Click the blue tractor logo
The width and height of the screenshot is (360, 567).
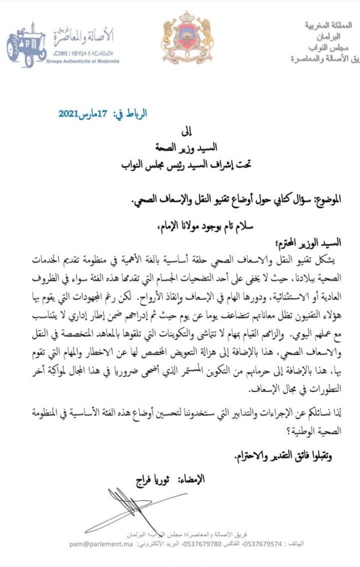pos(26,45)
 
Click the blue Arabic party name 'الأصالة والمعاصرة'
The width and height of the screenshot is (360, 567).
pos(84,37)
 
